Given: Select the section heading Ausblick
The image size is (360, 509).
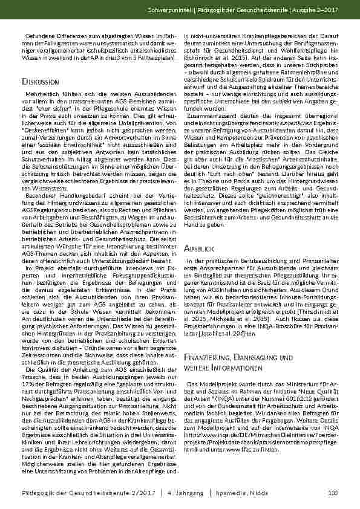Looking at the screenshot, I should (x=200, y=265).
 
